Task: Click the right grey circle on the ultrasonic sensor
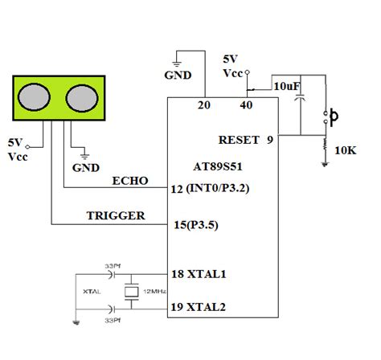pyautogui.click(x=80, y=98)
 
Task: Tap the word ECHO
pyautogui.click(x=130, y=180)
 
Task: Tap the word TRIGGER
pyautogui.click(x=116, y=215)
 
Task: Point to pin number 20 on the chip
pyautogui.click(x=203, y=105)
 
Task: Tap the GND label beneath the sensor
pyautogui.click(x=85, y=169)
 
